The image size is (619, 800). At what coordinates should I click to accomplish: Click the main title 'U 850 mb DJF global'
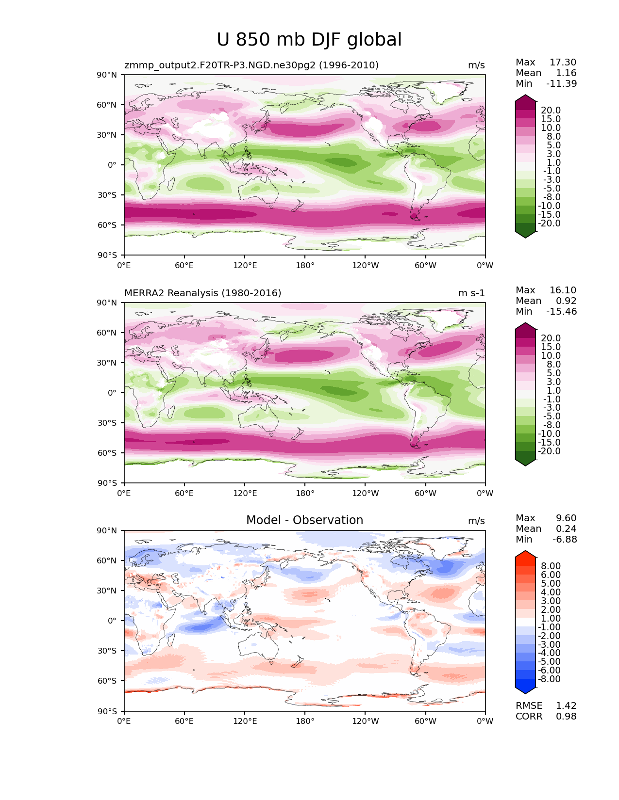309,40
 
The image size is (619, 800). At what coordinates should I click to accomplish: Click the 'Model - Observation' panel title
304,520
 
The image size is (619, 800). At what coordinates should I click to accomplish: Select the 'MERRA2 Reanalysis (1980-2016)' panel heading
203,293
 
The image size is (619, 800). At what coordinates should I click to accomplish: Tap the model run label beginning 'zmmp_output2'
251,65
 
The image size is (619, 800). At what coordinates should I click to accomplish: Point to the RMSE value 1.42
566,706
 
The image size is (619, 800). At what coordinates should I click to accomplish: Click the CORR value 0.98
566,717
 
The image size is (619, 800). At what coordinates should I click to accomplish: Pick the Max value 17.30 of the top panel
563,63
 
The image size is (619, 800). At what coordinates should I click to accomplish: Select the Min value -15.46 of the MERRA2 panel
562,312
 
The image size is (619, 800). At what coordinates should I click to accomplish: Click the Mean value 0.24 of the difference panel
566,529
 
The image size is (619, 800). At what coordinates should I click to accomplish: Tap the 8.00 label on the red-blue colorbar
550,566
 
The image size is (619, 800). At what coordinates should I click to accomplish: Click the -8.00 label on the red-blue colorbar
549,679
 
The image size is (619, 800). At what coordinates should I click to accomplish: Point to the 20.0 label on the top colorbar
551,111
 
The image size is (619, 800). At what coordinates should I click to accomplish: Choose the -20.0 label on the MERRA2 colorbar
549,451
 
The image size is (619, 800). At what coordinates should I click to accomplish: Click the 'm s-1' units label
471,293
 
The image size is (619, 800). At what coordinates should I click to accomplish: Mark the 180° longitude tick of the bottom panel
305,721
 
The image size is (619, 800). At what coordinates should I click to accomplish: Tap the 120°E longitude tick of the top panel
245,266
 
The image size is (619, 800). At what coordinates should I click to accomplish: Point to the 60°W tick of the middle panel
425,494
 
